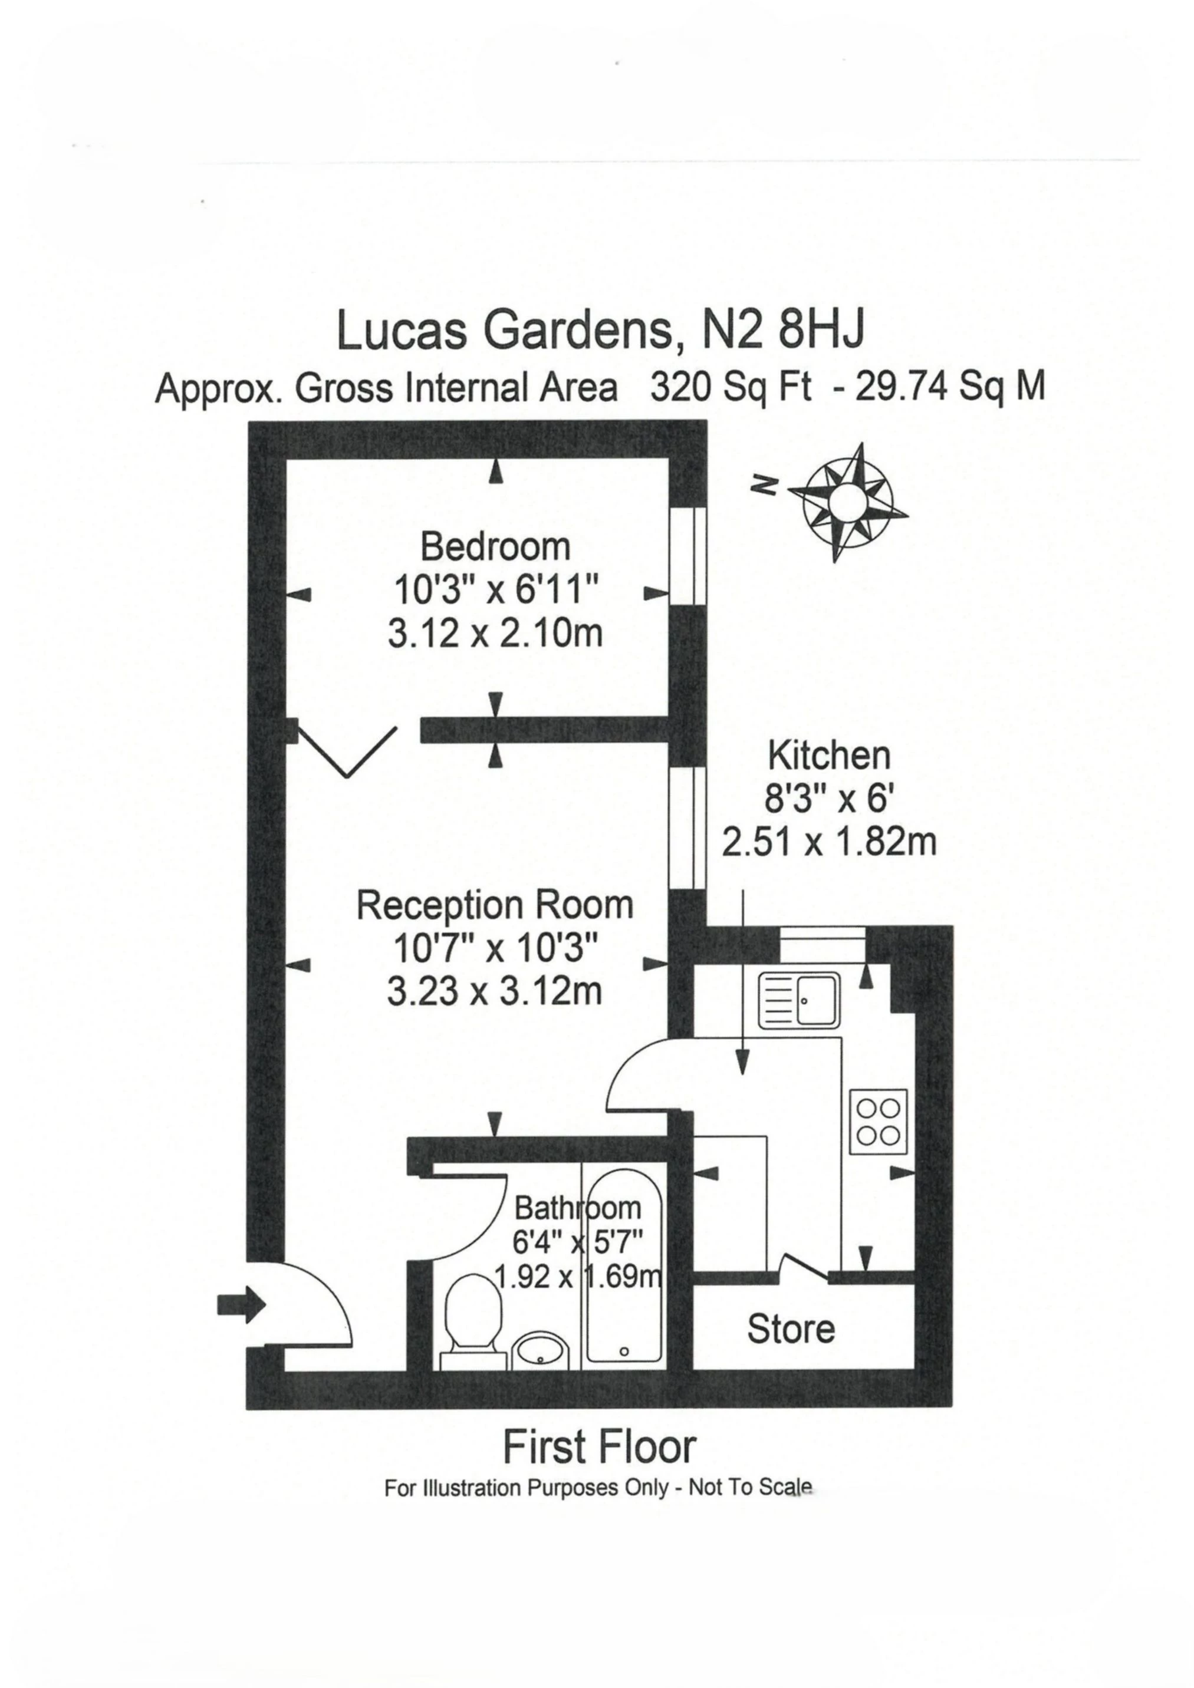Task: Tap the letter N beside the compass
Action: [x=766, y=484]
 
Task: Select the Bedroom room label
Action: [x=495, y=547]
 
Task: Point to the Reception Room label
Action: [x=494, y=905]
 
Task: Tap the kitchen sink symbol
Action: [x=800, y=1001]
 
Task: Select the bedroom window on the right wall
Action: [x=689, y=555]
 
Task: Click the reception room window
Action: [x=689, y=829]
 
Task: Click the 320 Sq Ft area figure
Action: [x=731, y=387]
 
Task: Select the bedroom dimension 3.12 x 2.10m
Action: [x=495, y=634]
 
